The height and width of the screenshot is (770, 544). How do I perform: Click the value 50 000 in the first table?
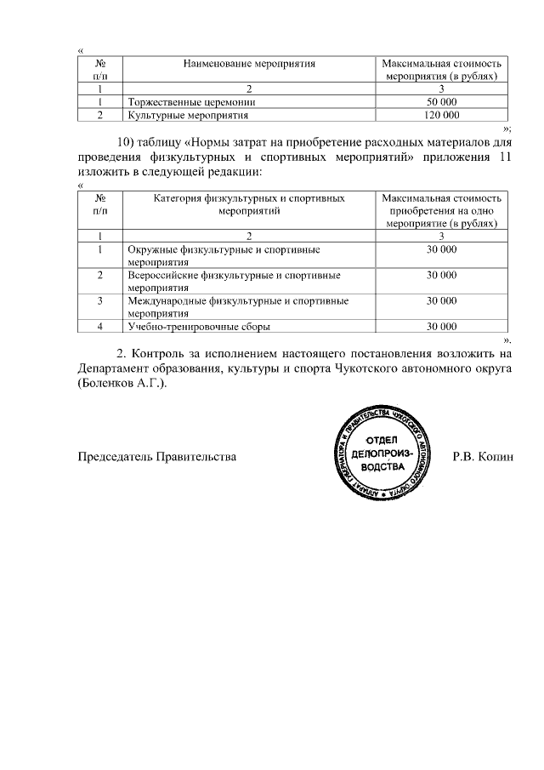442,102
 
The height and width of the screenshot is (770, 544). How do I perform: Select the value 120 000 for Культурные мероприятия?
442,114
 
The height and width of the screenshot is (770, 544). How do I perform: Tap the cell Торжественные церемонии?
191,102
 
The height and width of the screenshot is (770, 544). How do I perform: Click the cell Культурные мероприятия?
188,114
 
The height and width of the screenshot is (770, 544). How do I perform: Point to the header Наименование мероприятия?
250,64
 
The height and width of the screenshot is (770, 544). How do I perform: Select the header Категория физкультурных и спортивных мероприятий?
250,204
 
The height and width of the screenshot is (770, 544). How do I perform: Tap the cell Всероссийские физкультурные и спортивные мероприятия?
234,282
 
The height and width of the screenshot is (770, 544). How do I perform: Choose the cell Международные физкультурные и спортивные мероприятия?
239,306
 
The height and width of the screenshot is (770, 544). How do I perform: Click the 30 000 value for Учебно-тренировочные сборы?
442,326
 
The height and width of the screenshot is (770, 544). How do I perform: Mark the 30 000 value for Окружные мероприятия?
442,250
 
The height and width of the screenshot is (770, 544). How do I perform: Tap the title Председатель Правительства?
157,457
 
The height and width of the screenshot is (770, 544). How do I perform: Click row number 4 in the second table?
100,326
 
